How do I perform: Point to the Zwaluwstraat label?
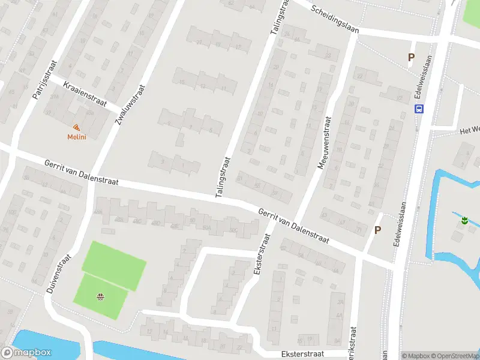pos(131,103)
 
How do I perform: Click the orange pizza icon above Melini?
pos(76,127)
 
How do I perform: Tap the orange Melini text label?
pos(76,137)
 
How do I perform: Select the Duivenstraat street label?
pos(59,274)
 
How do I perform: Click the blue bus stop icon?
pos(419,109)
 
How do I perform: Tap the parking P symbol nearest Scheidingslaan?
pos(411,58)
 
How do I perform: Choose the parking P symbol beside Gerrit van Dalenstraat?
pos(377,230)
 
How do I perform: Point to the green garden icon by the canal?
pos(464,221)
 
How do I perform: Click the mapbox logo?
pos(26,353)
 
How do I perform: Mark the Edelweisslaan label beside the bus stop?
pos(428,76)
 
